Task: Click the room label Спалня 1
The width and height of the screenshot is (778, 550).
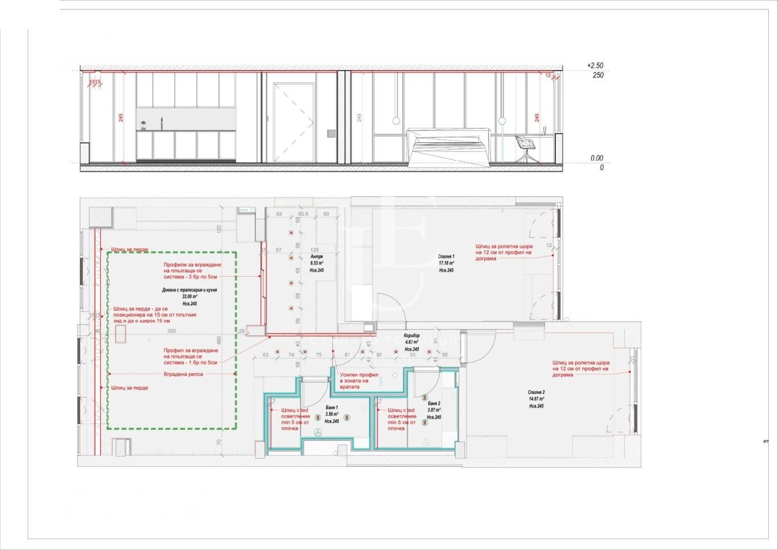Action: (446, 256)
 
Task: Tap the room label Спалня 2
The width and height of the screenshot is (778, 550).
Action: (536, 392)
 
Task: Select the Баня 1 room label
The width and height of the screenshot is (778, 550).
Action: (331, 408)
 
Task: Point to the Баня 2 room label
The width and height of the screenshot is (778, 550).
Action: (434, 403)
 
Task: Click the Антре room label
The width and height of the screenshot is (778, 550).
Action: (317, 256)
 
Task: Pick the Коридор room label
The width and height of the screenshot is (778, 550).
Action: (412, 336)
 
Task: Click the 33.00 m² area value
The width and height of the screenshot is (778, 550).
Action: (189, 297)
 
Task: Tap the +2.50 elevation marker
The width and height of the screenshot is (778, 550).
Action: (595, 66)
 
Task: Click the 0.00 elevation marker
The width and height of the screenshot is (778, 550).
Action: (596, 158)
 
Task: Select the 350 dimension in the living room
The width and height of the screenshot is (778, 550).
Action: (171, 331)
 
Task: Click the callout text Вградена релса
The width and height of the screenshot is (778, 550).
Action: (183, 374)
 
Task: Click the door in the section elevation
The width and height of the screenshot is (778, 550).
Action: (293, 122)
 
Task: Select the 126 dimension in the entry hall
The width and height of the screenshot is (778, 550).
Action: (314, 250)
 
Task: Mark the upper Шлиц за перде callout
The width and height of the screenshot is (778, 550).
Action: (130, 249)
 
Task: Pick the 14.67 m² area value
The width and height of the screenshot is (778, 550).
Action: (536, 399)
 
